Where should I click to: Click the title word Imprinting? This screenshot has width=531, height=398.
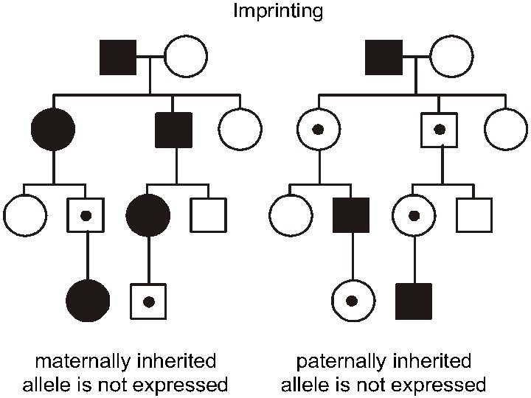(x=278, y=12)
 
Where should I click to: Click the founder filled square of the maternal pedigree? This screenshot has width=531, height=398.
(x=118, y=57)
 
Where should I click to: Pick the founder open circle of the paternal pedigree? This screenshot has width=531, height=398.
(x=451, y=57)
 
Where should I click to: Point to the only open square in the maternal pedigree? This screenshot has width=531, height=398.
(x=208, y=215)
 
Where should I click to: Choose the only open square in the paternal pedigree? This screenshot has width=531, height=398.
(x=473, y=215)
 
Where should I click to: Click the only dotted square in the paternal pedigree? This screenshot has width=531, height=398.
(x=440, y=130)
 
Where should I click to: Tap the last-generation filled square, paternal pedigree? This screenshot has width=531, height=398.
(x=413, y=301)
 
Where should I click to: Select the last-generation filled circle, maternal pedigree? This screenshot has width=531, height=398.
(x=88, y=301)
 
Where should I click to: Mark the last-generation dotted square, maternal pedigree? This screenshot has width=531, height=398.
(x=147, y=301)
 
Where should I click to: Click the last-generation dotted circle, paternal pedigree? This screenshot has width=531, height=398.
(x=352, y=301)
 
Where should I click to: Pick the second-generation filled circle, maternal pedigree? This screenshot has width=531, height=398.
(x=52, y=130)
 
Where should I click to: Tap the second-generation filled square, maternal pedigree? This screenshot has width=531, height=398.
(x=174, y=130)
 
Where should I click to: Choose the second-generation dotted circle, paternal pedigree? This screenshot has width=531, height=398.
(x=318, y=130)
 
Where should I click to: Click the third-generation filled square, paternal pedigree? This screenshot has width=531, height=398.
(x=351, y=215)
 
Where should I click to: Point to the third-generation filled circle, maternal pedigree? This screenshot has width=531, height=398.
(x=147, y=215)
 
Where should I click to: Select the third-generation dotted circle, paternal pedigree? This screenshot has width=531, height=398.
(x=413, y=215)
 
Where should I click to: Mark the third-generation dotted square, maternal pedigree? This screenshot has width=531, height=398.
(x=86, y=215)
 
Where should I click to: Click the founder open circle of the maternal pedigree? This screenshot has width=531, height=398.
(x=185, y=57)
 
